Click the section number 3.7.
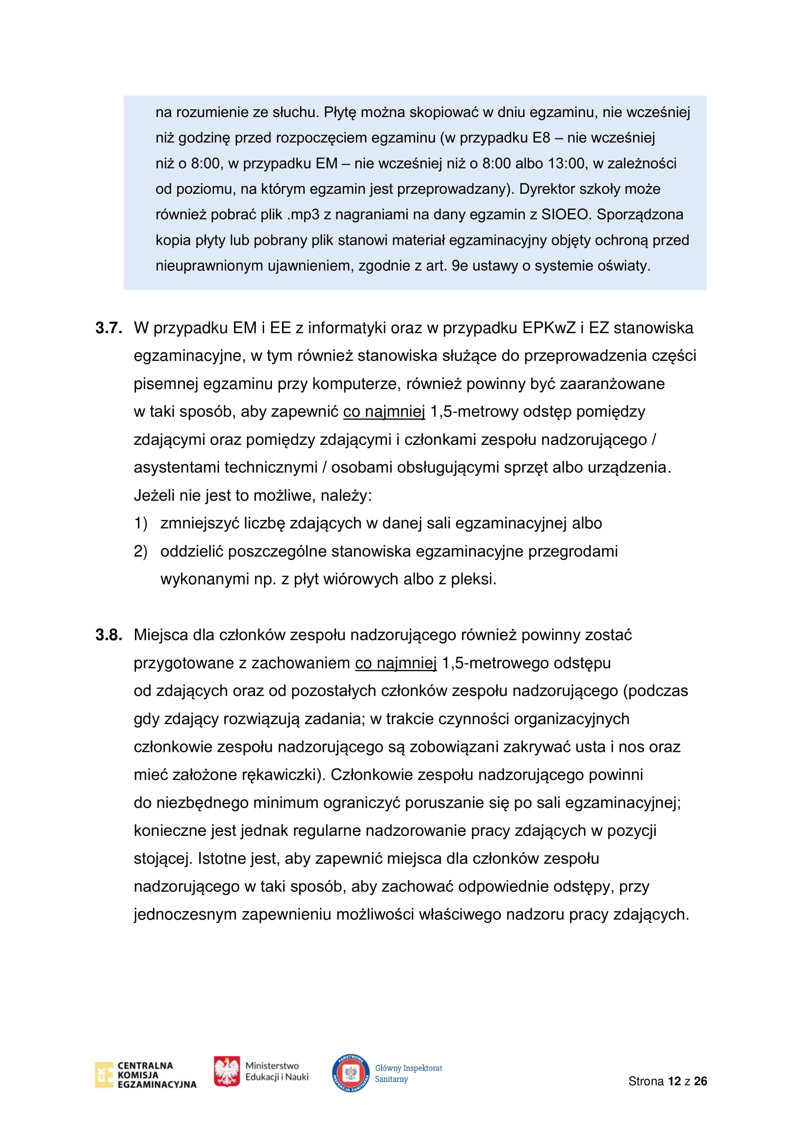[x=109, y=328]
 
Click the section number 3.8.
[x=109, y=635]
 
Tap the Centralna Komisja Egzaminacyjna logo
[x=145, y=1075]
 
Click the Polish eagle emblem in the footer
[x=226, y=1071]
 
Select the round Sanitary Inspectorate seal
[x=351, y=1073]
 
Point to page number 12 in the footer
[x=674, y=1081]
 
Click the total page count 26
[x=700, y=1081]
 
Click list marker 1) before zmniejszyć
[x=140, y=523]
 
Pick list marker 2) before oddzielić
[x=140, y=551]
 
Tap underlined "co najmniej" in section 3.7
[x=384, y=412]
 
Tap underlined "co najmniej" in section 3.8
[x=396, y=663]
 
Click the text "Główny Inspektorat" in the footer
[x=408, y=1068]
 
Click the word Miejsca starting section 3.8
[x=161, y=635]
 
